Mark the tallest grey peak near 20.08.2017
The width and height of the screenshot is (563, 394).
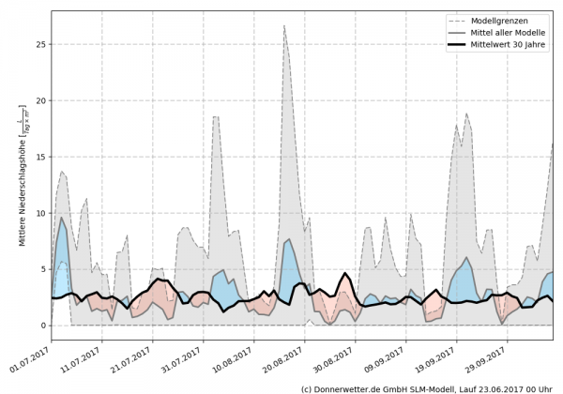click(x=284, y=26)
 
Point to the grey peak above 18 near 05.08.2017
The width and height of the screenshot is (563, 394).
click(x=216, y=117)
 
